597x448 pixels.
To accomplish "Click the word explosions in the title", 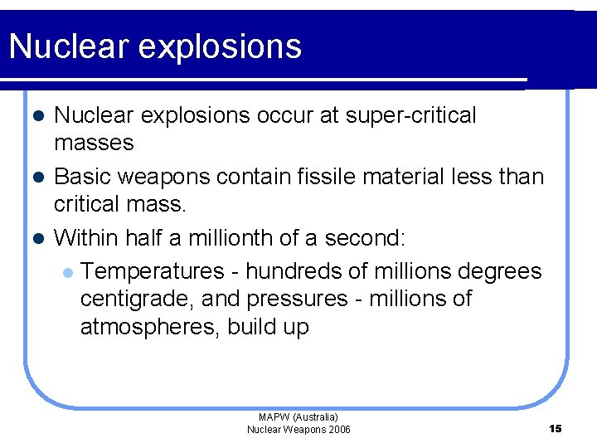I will [x=220, y=48].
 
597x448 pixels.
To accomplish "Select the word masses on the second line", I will [x=94, y=143].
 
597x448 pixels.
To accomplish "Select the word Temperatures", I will [x=153, y=271].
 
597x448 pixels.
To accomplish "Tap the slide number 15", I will [x=556, y=428].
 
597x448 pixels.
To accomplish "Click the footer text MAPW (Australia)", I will [x=298, y=417].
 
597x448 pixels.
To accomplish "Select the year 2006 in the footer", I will [x=338, y=429].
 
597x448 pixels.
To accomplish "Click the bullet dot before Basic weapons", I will [x=37, y=177].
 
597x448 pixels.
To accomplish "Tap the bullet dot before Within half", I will [x=37, y=238].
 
